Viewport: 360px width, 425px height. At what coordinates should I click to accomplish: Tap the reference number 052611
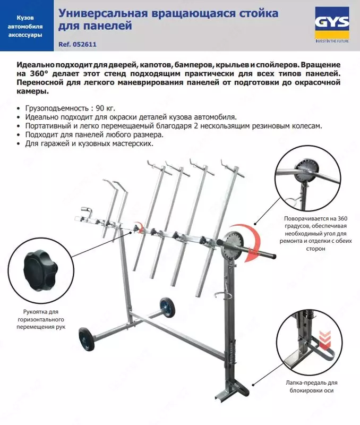click(x=89, y=45)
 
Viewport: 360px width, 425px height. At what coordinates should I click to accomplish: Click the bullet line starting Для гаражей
click(x=89, y=143)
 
